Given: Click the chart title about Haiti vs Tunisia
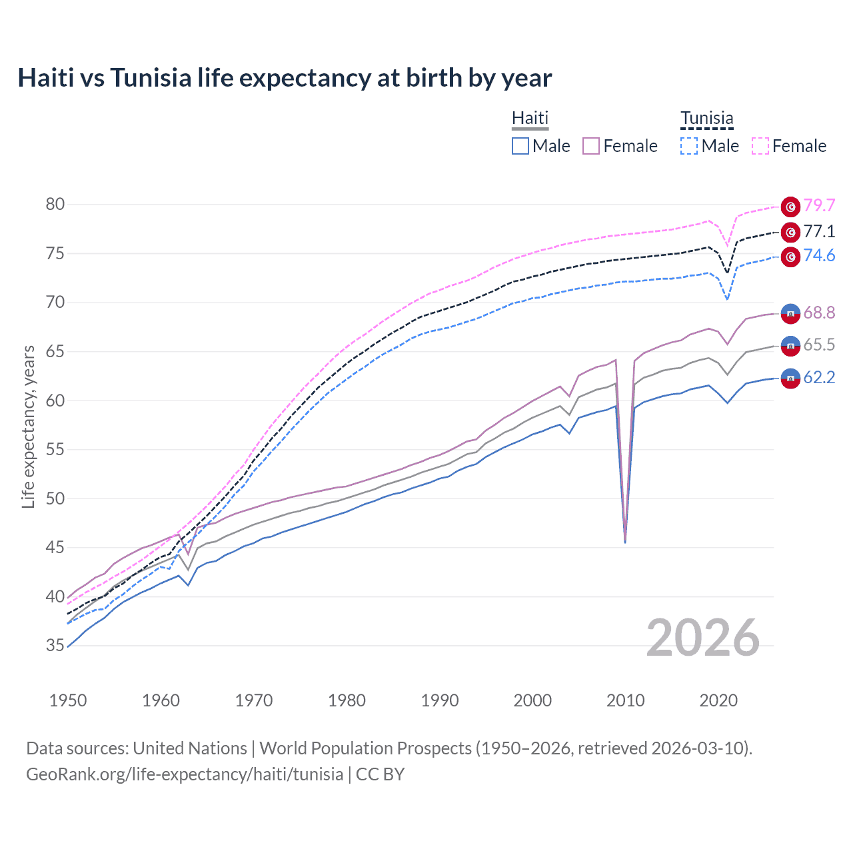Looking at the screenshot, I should pyautogui.click(x=285, y=78).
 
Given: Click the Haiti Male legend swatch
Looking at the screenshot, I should pyautogui.click(x=520, y=146).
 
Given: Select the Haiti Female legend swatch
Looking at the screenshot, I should pyautogui.click(x=591, y=146).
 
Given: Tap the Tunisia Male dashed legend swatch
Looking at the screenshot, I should pyautogui.click(x=689, y=146).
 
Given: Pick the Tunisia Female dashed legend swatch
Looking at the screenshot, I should pyautogui.click(x=760, y=146).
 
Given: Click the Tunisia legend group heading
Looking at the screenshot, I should pyautogui.click(x=706, y=119).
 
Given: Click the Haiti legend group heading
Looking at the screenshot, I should pyautogui.click(x=530, y=119).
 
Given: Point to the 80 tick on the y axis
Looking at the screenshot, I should pyautogui.click(x=55, y=204).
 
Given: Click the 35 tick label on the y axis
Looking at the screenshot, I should pyautogui.click(x=55, y=645).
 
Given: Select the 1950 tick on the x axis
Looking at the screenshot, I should pyautogui.click(x=68, y=700).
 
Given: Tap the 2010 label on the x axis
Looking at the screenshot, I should pyautogui.click(x=625, y=700).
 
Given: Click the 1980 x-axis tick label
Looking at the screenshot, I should pyautogui.click(x=347, y=700).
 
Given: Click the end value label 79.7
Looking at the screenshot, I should pyautogui.click(x=819, y=206).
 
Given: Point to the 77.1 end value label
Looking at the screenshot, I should pyautogui.click(x=819, y=231).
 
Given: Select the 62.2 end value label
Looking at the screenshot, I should pyautogui.click(x=819, y=378).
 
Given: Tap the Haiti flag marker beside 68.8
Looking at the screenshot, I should pyautogui.click(x=790, y=313).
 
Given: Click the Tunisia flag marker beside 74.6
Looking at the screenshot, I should pyautogui.click(x=790, y=257).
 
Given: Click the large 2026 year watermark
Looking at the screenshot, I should pyautogui.click(x=703, y=638).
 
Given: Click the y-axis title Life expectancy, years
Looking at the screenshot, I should pyautogui.click(x=28, y=426).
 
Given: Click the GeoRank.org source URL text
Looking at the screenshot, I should pyautogui.click(x=185, y=774).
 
